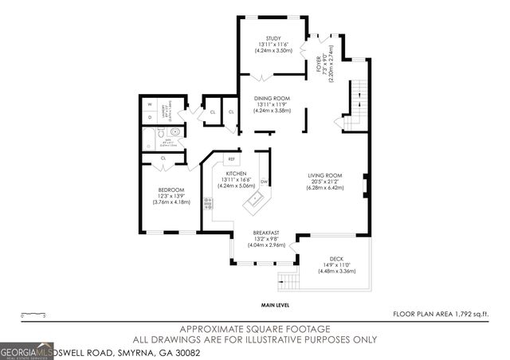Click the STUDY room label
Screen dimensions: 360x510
272,37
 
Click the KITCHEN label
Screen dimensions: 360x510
235,173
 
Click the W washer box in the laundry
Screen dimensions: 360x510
149,104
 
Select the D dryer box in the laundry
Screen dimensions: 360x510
149,117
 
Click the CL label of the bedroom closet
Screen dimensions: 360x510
163,158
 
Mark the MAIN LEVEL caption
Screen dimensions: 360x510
275,305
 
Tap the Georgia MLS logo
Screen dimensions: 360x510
26,350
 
